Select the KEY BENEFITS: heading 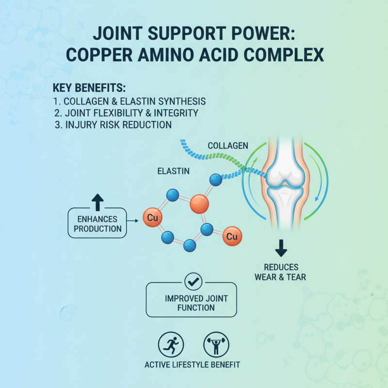point(92,89)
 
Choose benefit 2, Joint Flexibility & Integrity point(128,113)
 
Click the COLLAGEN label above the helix point(228,145)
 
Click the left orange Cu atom point(152,218)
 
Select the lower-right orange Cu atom point(232,237)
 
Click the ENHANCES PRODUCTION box point(97,224)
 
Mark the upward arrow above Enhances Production point(97,201)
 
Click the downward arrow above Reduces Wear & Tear point(280,248)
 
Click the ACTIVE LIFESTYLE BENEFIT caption point(192,364)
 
